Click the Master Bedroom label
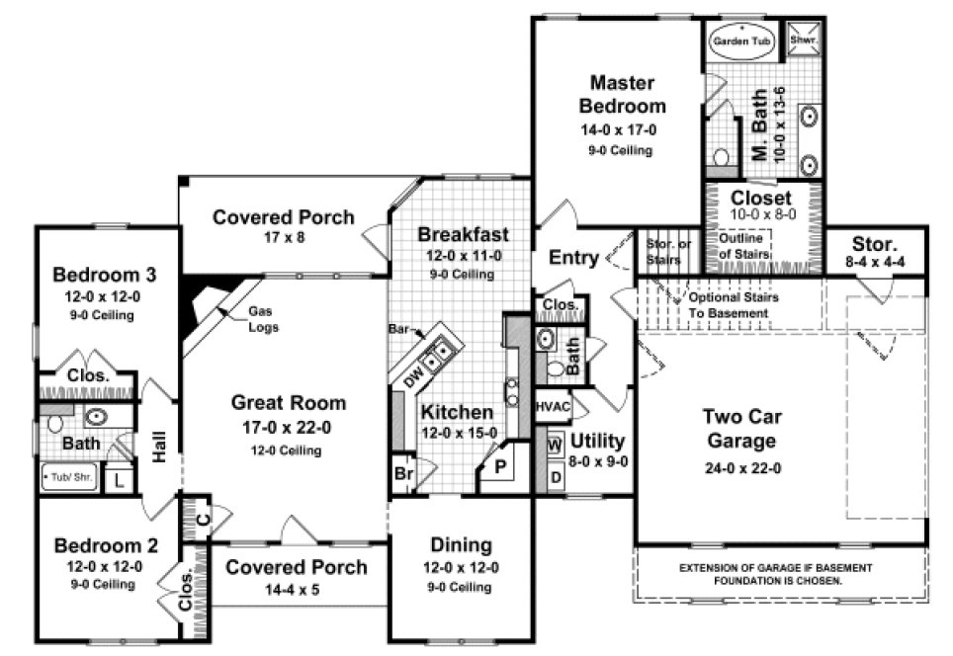point(622,94)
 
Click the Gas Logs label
point(263,319)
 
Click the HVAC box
point(550,406)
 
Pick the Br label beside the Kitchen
point(403,472)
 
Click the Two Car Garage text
point(739,428)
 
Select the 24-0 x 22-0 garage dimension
point(739,468)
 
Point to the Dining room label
point(462,544)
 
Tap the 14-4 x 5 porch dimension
point(296,590)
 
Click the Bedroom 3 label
point(104,274)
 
